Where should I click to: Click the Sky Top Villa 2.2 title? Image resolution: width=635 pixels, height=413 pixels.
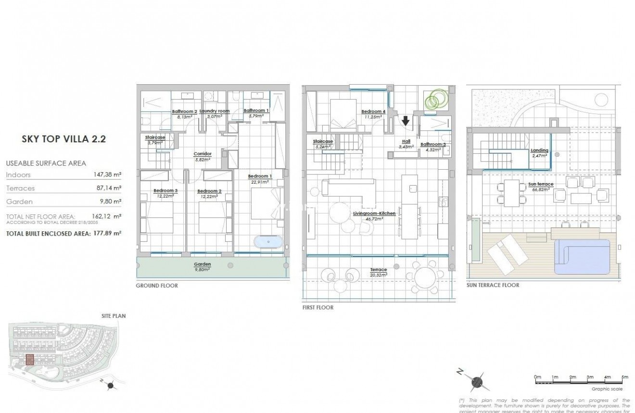(x=63, y=139)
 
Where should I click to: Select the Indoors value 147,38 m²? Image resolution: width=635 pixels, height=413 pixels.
(x=107, y=175)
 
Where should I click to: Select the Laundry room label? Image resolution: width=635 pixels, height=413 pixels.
(x=215, y=111)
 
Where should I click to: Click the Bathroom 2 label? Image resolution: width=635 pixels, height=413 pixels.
(x=184, y=112)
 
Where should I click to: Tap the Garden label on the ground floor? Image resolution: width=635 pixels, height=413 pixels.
(x=202, y=264)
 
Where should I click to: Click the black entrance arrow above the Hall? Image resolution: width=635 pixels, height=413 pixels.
(x=406, y=120)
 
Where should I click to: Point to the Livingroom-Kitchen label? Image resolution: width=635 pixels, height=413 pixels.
(x=374, y=213)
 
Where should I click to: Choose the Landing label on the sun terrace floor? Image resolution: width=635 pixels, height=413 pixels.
(x=539, y=150)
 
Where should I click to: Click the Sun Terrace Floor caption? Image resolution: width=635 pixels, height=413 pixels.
(x=493, y=285)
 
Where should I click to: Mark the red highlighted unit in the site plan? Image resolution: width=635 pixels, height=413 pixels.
(x=30, y=360)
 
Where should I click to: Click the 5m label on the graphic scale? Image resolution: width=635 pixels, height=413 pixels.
(x=624, y=377)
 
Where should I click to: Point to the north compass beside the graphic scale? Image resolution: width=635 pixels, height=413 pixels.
(x=476, y=381)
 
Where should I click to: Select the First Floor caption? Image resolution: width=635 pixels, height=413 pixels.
(x=317, y=307)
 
